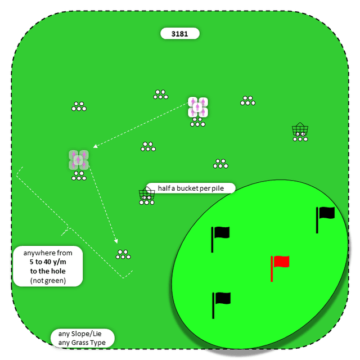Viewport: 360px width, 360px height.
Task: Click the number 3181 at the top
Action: pos(180,34)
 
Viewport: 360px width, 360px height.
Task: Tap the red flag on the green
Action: pos(281,262)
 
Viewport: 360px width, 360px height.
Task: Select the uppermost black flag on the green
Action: pos(326,213)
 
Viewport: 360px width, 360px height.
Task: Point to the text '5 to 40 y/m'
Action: pos(48,262)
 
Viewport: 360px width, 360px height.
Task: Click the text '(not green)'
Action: pos(48,280)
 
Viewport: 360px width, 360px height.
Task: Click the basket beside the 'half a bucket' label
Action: pos(147,195)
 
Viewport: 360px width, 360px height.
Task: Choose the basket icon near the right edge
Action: pos(300,130)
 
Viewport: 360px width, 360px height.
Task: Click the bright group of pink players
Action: pos(198,107)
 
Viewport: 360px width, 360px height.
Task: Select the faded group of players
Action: pos(79,160)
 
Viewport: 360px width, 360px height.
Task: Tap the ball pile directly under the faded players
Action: pos(79,177)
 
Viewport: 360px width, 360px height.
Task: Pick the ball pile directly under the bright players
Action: pos(198,123)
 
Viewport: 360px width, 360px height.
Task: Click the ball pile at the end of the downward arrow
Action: pos(123,254)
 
